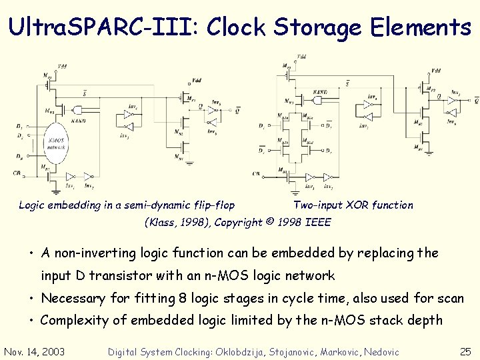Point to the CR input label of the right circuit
click(257, 173)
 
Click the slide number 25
click(465, 351)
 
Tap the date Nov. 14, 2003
click(35, 351)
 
